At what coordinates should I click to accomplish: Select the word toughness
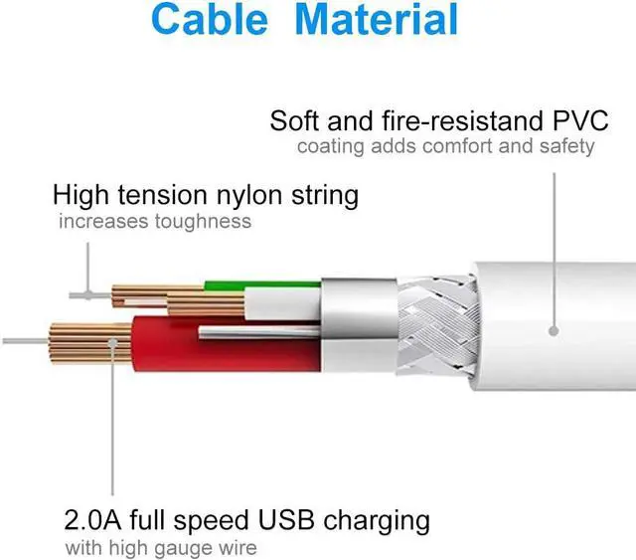(203, 222)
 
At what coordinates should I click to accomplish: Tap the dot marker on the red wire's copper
(114, 341)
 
